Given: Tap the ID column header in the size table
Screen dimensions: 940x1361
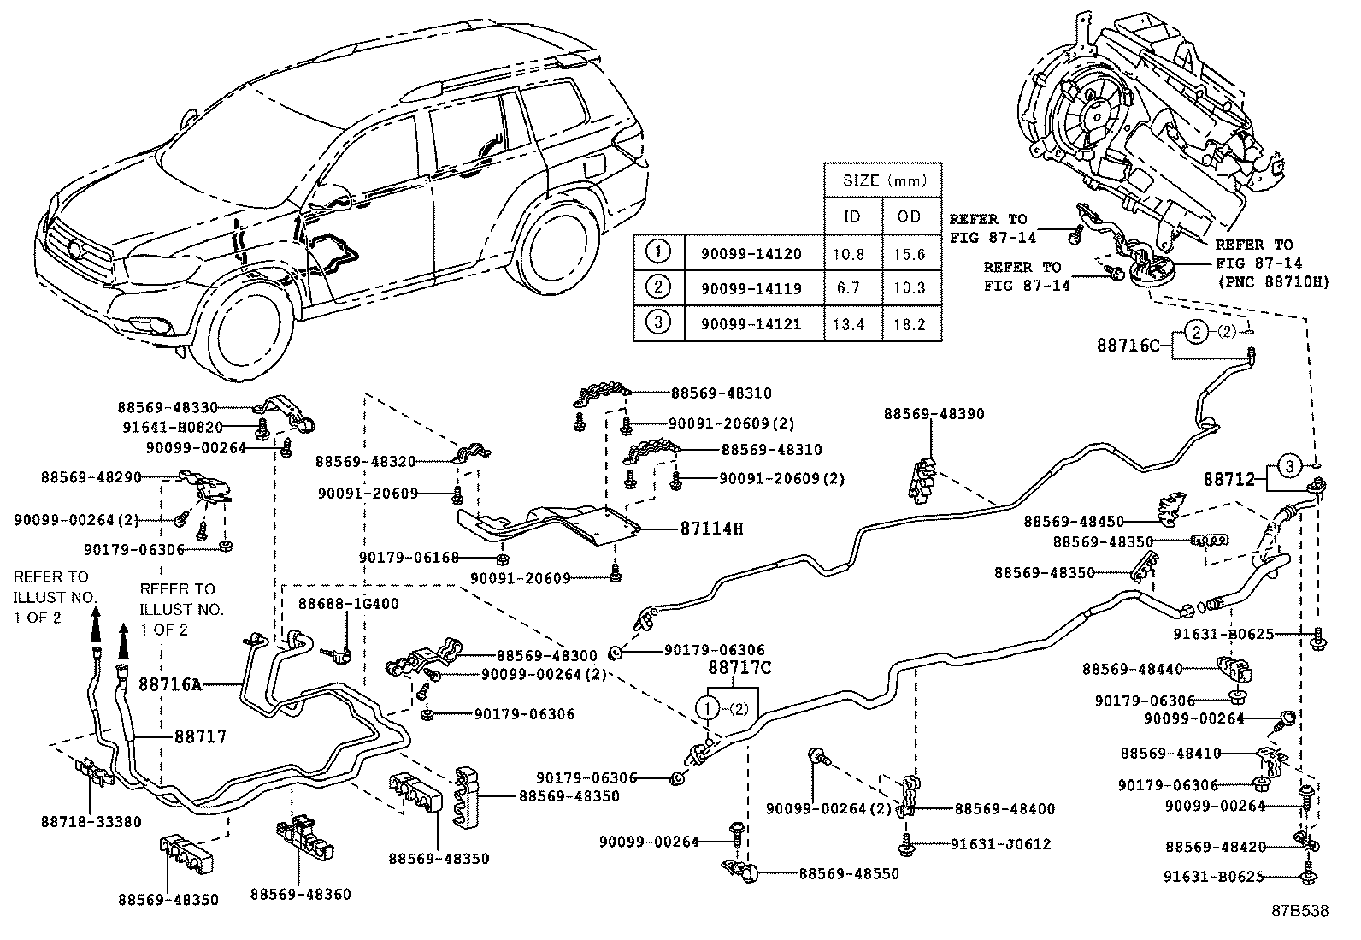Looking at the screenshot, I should click(x=851, y=216).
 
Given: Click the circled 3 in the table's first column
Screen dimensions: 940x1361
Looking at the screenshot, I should click(x=658, y=323).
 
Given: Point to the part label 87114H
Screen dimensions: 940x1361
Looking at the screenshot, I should click(x=711, y=529).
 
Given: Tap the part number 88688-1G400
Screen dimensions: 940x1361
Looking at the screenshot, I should click(x=348, y=604).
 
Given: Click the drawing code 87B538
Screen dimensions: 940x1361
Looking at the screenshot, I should click(x=1299, y=912).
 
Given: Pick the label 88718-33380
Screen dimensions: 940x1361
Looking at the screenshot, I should click(x=91, y=821).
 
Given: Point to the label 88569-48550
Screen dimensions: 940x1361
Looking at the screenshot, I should click(x=849, y=873).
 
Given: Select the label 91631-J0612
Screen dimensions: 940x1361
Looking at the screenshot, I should click(x=1000, y=843).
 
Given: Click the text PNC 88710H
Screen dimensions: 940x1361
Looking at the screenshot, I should click(x=1273, y=281).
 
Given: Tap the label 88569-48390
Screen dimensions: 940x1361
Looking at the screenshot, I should click(x=934, y=414).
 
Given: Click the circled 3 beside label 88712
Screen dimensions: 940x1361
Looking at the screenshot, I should click(x=1290, y=466).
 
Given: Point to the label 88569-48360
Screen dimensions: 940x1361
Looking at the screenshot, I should click(x=300, y=894).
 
